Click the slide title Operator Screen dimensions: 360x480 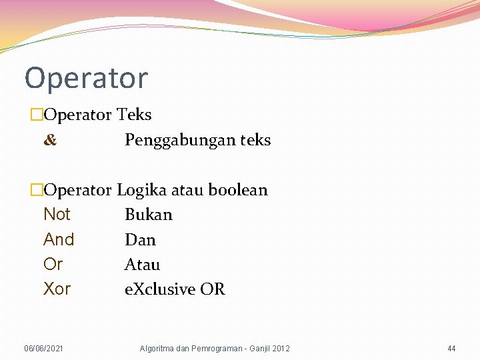click(x=86, y=79)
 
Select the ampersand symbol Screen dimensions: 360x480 click(x=50, y=141)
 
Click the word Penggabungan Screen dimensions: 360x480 click(x=172, y=141)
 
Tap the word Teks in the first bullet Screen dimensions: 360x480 click(x=134, y=115)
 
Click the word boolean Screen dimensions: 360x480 click(x=238, y=190)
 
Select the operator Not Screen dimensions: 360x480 click(x=57, y=215)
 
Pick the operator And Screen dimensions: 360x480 click(x=59, y=239)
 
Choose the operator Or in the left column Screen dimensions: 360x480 click(x=53, y=265)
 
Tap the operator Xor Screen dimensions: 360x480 click(x=57, y=289)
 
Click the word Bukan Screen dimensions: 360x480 click(x=149, y=215)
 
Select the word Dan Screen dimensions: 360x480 click(x=140, y=239)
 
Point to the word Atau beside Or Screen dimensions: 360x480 click(x=142, y=265)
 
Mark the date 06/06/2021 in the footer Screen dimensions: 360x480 click(x=44, y=349)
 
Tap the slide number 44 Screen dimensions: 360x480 click(x=451, y=349)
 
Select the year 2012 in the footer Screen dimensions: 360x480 click(x=281, y=349)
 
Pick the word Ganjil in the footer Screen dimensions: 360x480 click(x=257, y=349)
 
